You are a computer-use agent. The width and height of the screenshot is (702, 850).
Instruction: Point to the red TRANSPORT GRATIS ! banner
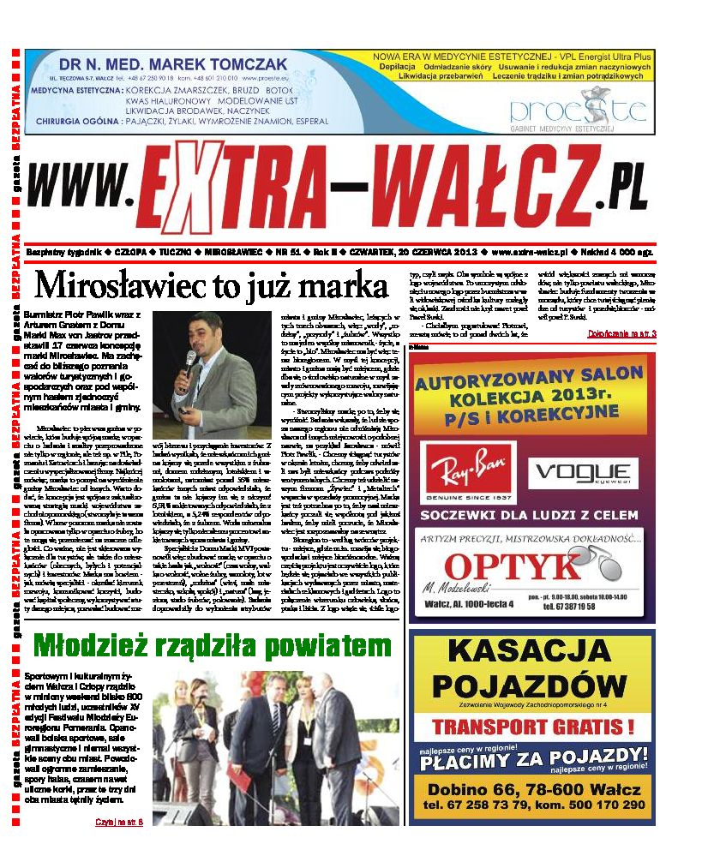coord(532,727)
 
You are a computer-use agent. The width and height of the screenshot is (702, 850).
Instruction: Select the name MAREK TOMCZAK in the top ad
coord(216,64)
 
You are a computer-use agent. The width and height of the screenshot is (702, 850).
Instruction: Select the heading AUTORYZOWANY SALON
coord(532,380)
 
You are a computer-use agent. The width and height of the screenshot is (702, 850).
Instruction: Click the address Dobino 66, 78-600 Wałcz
coord(534,789)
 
